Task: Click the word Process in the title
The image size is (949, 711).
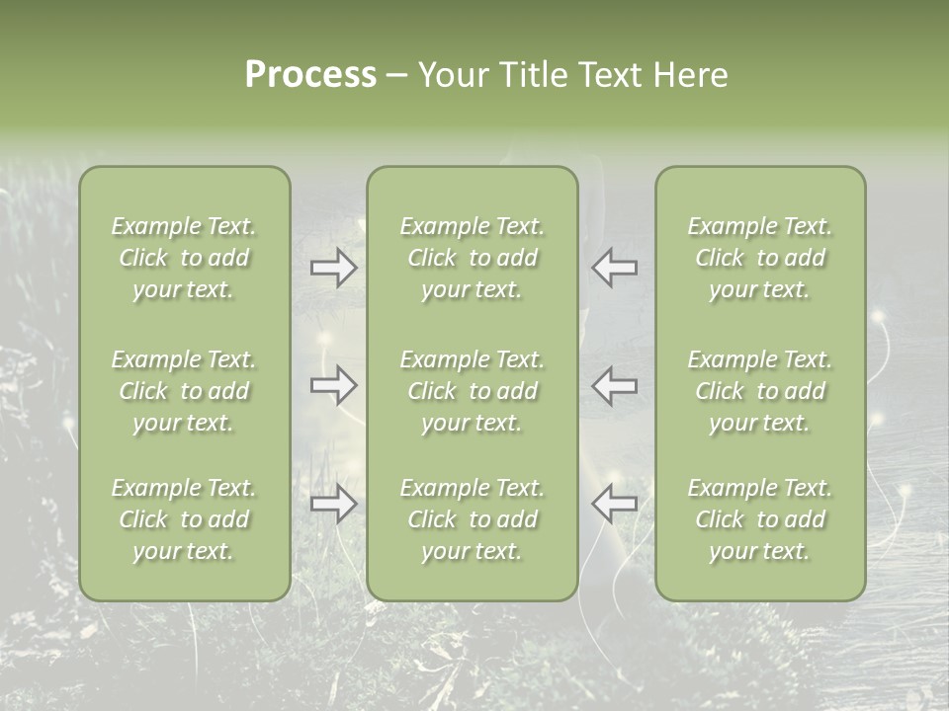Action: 310,75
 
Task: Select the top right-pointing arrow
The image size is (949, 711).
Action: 334,268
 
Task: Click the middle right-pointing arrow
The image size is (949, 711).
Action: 334,385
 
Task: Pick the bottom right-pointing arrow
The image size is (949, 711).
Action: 334,504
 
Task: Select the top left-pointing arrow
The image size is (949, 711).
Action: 614,268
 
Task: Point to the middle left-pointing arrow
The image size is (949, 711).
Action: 614,385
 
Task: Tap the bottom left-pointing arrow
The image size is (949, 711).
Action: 614,504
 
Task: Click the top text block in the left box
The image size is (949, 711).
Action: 184,258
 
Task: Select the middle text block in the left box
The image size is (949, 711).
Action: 184,391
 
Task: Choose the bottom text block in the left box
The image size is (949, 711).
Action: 184,519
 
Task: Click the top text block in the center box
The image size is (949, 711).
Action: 473,258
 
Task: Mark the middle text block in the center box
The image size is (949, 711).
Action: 473,391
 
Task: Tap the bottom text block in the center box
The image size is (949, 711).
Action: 473,519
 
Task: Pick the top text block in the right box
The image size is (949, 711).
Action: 760,258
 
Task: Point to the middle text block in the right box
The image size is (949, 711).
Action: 760,391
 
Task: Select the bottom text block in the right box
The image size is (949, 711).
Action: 760,519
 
